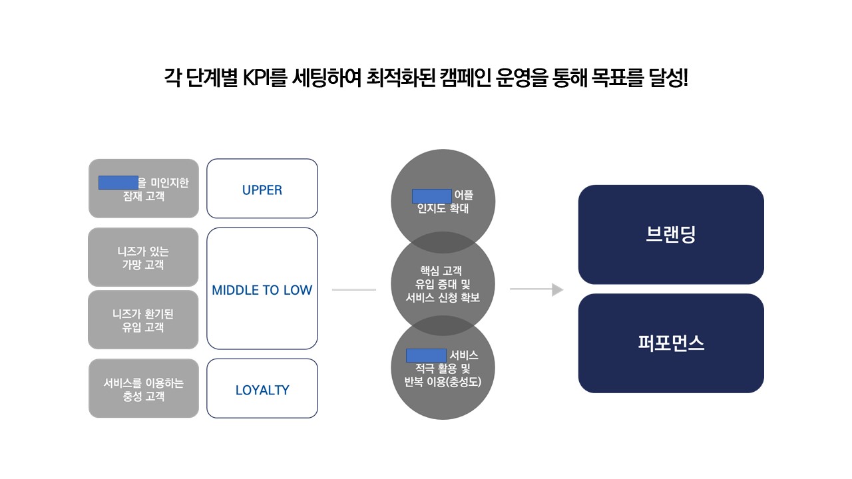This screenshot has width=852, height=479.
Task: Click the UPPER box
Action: click(x=262, y=189)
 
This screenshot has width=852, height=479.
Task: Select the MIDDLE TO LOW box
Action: click(x=262, y=289)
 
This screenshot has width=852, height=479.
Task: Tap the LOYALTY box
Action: click(x=262, y=389)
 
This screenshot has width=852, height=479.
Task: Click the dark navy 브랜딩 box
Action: click(x=671, y=235)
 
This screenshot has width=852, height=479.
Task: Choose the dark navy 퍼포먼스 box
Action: click(x=671, y=343)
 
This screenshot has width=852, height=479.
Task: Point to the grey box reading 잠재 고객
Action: click(x=144, y=189)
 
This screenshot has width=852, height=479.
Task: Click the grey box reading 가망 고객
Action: click(x=143, y=257)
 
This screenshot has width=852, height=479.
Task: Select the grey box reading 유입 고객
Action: click(x=143, y=320)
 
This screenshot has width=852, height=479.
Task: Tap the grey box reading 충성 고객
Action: click(x=144, y=389)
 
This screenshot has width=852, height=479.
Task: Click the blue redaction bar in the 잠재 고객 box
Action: click(x=118, y=182)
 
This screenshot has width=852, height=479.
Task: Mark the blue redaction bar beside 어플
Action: click(x=432, y=196)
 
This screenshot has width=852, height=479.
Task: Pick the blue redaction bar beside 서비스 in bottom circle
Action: click(x=426, y=355)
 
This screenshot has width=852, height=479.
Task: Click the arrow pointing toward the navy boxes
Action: click(x=536, y=289)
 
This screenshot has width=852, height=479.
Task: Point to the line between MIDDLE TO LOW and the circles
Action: click(x=353, y=289)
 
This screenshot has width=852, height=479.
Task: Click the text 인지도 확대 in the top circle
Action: click(x=443, y=209)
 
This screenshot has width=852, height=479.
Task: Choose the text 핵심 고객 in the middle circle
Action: click(x=443, y=271)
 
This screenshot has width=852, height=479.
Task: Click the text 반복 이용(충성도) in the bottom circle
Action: click(x=443, y=381)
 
